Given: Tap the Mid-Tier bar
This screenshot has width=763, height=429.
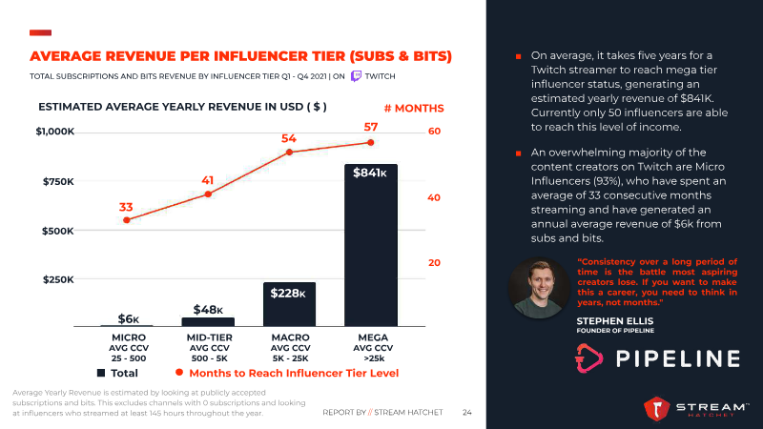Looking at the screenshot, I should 208,321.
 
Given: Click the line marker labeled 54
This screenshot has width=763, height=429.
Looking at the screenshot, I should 289,152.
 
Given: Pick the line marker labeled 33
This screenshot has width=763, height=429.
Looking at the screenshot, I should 127,220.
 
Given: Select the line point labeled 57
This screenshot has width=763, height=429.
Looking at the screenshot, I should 371,142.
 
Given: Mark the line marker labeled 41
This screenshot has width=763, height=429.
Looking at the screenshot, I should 208,194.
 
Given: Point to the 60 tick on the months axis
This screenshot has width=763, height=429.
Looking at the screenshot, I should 434,131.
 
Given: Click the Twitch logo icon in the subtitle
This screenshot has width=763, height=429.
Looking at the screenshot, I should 356,74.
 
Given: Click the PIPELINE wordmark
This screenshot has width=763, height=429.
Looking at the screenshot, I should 676,358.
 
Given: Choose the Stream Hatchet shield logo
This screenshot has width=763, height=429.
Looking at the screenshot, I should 659,410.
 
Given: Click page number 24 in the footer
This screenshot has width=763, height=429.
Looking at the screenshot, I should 467,413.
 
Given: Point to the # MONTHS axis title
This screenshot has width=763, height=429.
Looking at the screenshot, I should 413,109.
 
